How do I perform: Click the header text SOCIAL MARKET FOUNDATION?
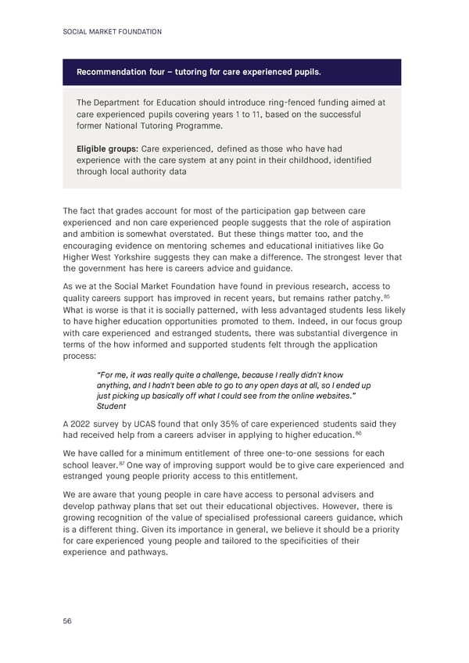(x=112, y=31)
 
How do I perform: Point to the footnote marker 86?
(x=358, y=432)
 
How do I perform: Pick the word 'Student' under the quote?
(x=110, y=406)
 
